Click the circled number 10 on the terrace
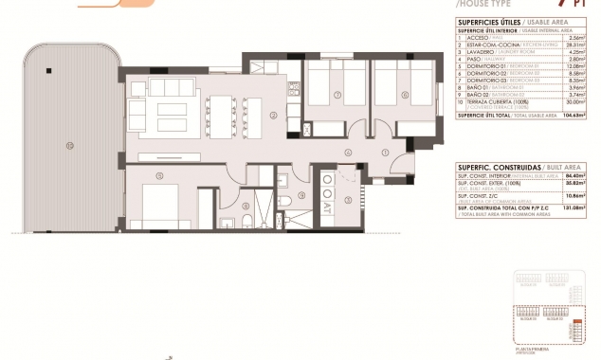(69, 145)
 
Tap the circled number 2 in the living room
(273, 116)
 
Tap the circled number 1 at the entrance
(385, 152)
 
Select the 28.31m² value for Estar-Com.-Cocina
(574, 45)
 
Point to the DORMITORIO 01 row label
(480, 64)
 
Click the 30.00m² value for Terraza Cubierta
(574, 103)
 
